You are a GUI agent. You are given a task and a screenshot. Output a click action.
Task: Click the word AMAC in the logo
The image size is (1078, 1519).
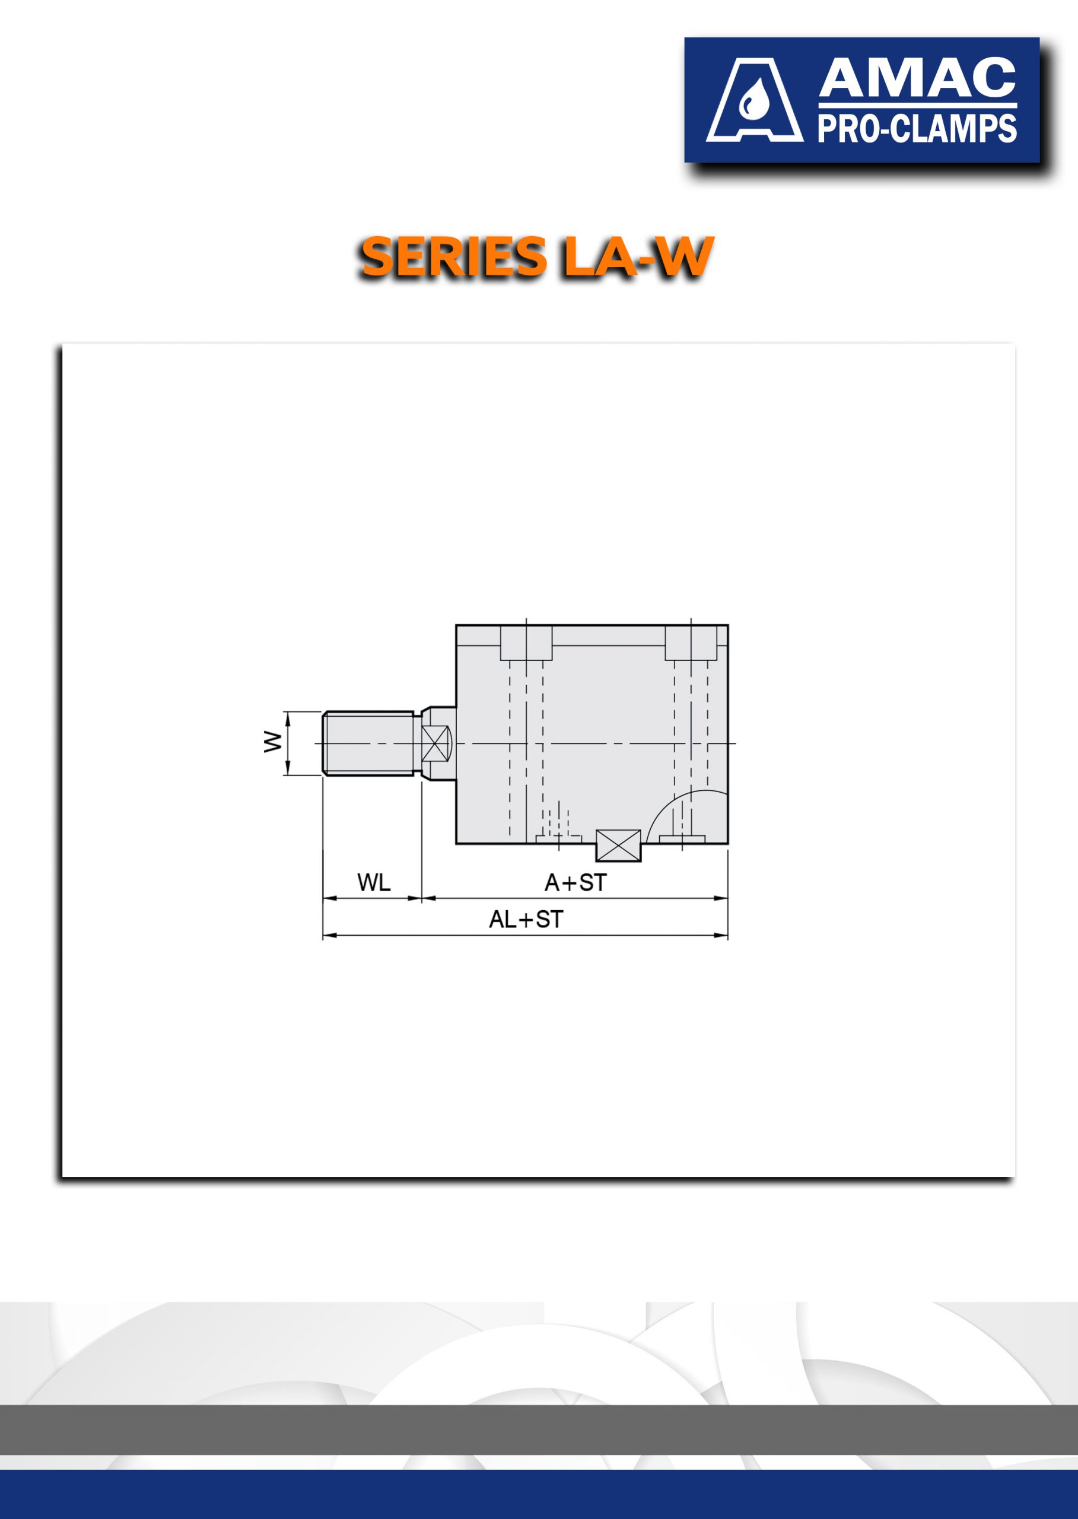pos(917,78)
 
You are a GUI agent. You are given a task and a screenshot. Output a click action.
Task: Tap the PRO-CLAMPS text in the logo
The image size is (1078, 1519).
pos(917,128)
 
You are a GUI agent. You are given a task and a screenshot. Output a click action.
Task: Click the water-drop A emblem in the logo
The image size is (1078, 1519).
pos(754,100)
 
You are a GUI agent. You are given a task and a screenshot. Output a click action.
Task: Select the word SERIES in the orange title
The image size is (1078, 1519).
pos(453,257)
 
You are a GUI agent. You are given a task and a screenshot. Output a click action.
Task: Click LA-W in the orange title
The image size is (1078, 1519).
pos(638,257)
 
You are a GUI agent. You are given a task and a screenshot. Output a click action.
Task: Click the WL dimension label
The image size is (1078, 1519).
pos(374,882)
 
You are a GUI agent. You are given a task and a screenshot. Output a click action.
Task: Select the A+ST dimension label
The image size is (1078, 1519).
pos(575,882)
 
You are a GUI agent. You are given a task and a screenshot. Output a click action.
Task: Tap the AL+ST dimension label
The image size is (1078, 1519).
pos(526,920)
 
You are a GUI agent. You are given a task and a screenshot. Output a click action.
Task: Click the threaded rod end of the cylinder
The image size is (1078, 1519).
pos(369,743)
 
